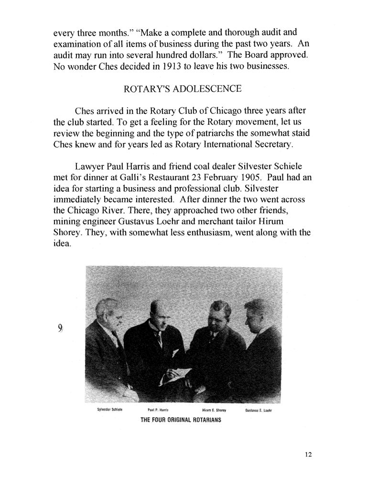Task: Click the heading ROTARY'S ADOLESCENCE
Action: [183, 89]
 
